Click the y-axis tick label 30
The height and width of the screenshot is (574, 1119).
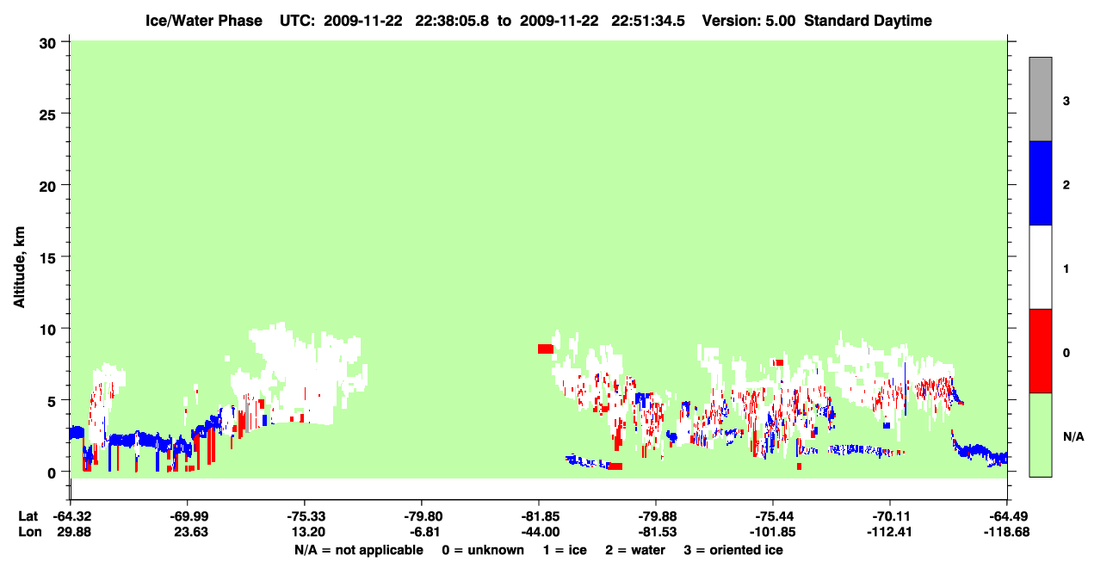click(x=47, y=44)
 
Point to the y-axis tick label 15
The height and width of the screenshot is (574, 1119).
click(x=47, y=257)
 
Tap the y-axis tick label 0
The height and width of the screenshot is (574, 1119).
click(x=52, y=473)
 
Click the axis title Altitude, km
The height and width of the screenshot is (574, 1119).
click(x=19, y=267)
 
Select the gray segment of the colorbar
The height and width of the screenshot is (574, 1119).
click(x=1040, y=99)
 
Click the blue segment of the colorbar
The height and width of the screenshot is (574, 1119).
click(x=1040, y=182)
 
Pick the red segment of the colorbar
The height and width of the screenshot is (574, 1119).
click(x=1040, y=351)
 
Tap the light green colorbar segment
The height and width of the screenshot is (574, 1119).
click(x=1040, y=435)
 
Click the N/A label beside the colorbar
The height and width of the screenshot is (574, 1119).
click(x=1073, y=437)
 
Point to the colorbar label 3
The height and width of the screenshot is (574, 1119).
click(x=1066, y=102)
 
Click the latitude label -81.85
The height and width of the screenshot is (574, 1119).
click(x=540, y=516)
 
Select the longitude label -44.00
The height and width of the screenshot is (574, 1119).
click(x=540, y=532)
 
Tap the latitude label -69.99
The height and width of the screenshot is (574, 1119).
click(x=189, y=516)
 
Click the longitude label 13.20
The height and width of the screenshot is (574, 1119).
click(x=308, y=532)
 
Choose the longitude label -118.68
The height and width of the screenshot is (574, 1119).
click(x=1006, y=532)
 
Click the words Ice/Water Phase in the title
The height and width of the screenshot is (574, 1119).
click(x=204, y=21)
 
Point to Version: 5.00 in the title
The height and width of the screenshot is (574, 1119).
click(x=748, y=21)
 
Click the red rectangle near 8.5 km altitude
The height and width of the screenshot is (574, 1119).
click(x=546, y=349)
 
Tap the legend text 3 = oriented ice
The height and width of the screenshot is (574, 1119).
click(x=733, y=550)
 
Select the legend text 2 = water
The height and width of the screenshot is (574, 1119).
click(x=635, y=550)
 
